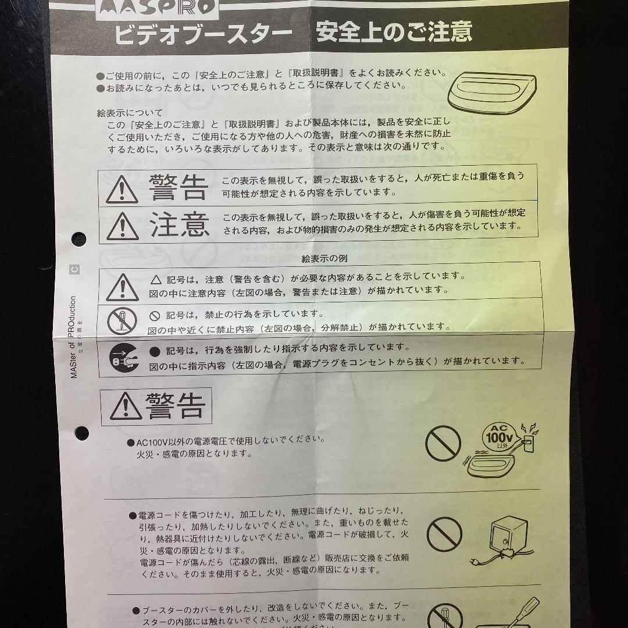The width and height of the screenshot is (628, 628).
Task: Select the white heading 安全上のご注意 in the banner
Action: tap(394, 33)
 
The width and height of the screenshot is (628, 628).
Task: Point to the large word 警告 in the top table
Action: tap(178, 185)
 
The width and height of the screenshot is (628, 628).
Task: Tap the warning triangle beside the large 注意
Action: tap(123, 226)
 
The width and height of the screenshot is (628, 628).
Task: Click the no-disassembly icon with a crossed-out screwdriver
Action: tap(122, 320)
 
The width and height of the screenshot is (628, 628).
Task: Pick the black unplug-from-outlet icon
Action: tap(122, 356)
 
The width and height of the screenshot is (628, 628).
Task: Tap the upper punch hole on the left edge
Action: tap(79, 238)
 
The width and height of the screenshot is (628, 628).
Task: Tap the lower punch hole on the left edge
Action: tap(81, 433)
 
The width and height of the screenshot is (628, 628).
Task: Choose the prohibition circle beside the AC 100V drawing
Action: tap(443, 444)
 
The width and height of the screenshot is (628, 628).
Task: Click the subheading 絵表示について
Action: tap(130, 113)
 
